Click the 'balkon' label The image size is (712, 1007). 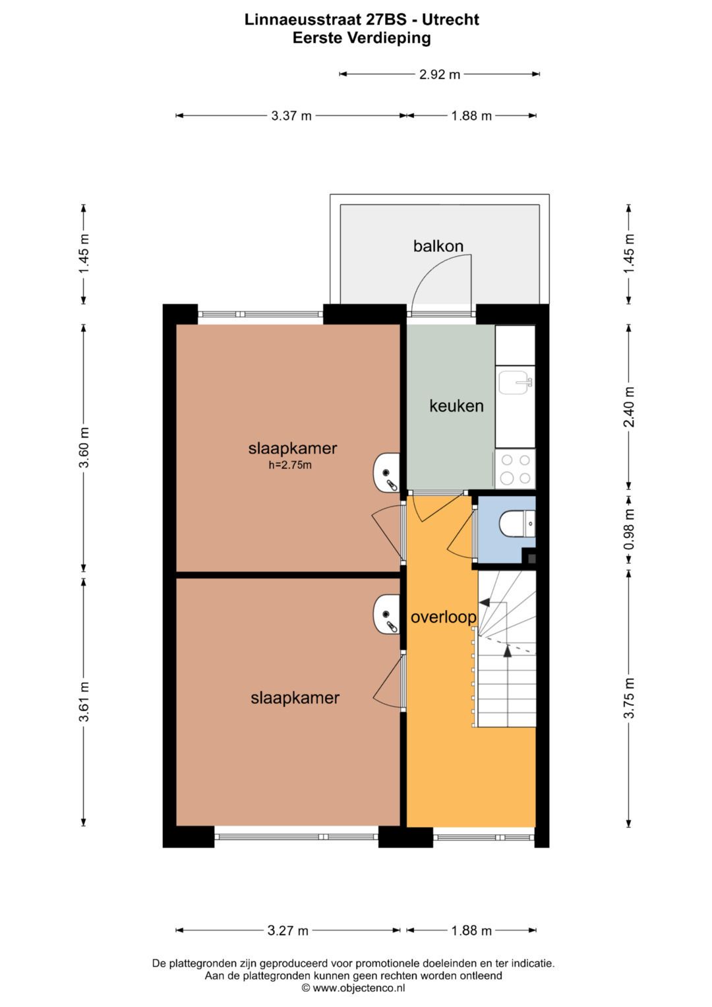coord(438,246)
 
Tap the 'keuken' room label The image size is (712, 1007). coord(456,406)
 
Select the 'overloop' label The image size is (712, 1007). coord(443,617)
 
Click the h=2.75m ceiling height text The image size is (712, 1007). coord(290,466)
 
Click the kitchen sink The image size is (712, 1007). coord(514,382)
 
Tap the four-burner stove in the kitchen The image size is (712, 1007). coord(515,469)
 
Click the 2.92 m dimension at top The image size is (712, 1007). coord(440,75)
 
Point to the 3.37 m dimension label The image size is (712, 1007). coord(291,116)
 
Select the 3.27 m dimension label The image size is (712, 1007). coord(288,931)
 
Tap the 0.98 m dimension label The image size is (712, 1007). coord(629,529)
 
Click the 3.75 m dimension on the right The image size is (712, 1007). coord(629,698)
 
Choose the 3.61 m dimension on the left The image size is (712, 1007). coord(84,702)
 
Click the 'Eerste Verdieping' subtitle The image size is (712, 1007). coord(361,38)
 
